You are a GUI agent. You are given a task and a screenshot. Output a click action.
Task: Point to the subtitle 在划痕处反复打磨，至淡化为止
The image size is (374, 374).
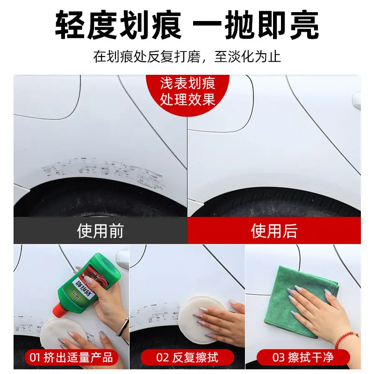[x=187, y=57]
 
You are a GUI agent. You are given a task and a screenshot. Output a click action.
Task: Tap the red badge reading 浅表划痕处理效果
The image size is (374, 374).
[x=187, y=91]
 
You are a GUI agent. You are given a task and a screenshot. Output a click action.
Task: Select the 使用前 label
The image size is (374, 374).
[x=100, y=231]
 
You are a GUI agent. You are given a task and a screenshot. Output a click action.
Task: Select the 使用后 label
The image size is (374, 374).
[x=274, y=231]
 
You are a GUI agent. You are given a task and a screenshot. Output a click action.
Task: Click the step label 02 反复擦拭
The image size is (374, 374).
[x=187, y=358]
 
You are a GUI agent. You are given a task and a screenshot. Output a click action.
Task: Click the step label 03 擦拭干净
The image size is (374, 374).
[x=304, y=358]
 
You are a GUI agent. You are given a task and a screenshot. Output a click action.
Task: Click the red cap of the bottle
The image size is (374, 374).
[x=60, y=309]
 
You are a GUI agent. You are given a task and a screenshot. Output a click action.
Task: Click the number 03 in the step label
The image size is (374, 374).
[x=279, y=358]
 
